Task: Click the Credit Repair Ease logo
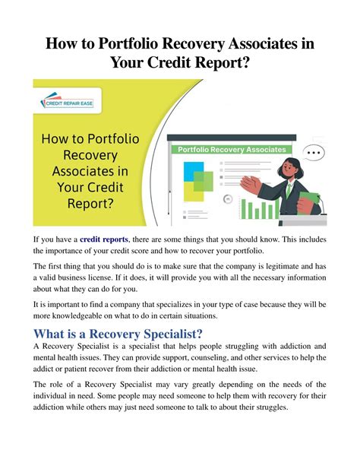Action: pyautogui.click(x=66, y=100)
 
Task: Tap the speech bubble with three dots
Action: pyautogui.click(x=312, y=153)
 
